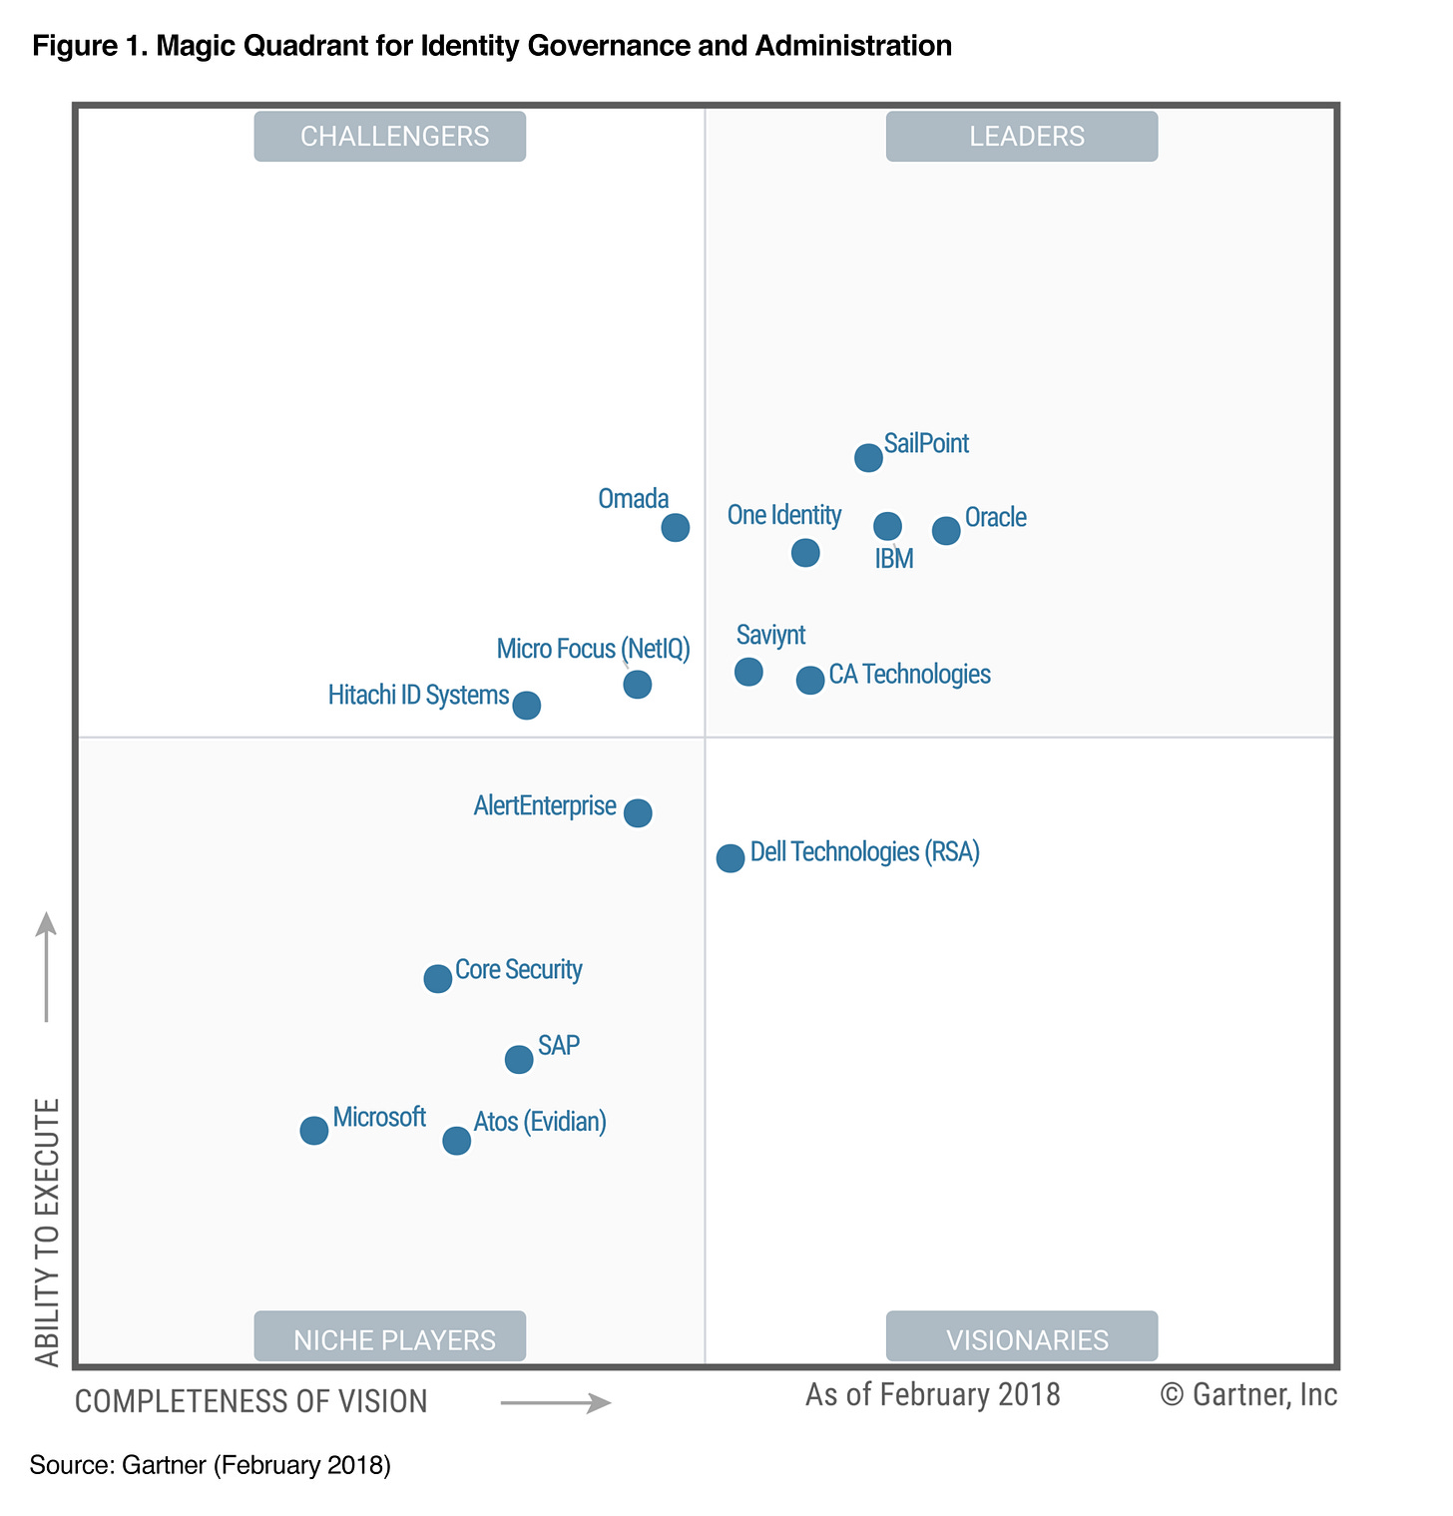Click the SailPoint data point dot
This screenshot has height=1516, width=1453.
868,458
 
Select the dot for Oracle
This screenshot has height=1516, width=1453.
946,531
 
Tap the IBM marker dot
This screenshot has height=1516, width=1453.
887,526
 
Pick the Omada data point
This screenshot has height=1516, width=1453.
676,527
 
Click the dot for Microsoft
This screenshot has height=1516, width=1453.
314,1131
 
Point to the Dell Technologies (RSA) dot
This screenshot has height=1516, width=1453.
730,857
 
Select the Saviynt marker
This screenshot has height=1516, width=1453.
748,672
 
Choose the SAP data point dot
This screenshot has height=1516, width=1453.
519,1059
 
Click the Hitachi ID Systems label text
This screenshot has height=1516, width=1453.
418,695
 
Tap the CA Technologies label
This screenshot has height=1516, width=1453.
909,675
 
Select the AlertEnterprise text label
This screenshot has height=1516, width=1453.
545,805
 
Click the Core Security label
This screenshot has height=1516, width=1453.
518,970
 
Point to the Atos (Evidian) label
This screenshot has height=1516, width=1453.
540,1122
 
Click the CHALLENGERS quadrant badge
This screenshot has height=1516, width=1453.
390,137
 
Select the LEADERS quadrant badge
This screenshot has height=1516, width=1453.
1022,137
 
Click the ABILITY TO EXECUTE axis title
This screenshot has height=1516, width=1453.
47,1233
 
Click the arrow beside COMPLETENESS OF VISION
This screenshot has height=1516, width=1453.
555,1403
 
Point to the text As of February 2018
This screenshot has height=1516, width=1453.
932,1394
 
